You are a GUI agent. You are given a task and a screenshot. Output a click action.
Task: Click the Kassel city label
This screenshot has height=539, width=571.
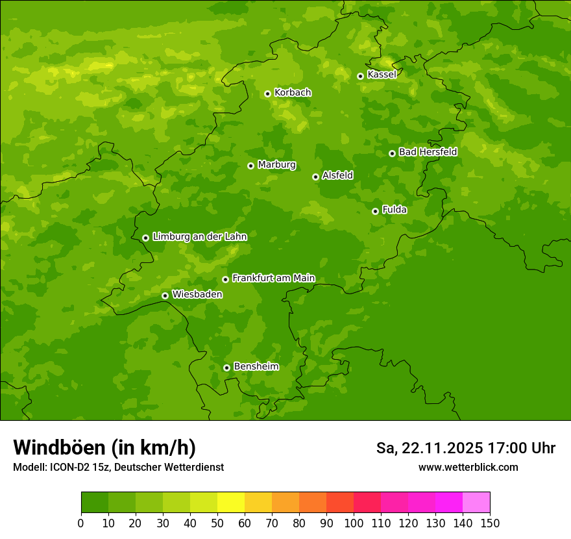[x=382, y=75]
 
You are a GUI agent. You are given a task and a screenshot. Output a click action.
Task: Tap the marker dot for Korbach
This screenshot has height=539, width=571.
[x=267, y=94]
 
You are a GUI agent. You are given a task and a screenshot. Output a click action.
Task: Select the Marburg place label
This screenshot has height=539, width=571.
[x=276, y=165]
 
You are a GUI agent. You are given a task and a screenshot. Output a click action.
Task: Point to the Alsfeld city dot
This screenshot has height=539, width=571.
[x=315, y=177]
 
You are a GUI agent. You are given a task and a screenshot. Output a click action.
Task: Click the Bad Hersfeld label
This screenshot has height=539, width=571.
[x=428, y=152]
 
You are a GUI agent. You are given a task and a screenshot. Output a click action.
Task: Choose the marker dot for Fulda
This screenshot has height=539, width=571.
[x=375, y=211]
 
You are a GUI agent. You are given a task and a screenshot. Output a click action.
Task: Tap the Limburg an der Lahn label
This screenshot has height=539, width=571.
[x=200, y=237]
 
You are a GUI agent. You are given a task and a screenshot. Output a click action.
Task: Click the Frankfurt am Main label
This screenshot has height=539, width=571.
[x=273, y=278]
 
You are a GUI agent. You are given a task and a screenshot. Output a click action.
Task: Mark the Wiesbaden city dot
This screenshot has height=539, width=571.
[x=165, y=295]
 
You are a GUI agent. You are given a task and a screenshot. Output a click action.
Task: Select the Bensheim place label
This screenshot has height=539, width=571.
[x=256, y=366]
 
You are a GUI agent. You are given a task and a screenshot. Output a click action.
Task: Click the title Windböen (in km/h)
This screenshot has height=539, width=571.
[x=104, y=447]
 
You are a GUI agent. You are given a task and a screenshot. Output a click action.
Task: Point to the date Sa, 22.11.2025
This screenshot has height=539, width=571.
[x=429, y=448]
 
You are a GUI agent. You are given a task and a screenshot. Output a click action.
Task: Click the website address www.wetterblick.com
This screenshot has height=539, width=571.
[x=468, y=468]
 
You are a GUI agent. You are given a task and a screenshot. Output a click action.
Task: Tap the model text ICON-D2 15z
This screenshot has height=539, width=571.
[x=80, y=468]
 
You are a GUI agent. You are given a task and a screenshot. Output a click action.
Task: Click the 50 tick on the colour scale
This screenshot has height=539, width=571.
[x=217, y=523]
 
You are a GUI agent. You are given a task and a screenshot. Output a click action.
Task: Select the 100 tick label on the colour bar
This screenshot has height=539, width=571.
[x=354, y=523]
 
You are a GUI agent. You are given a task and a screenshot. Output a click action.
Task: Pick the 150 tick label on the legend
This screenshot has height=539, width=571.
[x=490, y=523]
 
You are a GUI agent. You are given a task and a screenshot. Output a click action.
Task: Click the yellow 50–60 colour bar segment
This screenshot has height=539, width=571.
[x=231, y=503]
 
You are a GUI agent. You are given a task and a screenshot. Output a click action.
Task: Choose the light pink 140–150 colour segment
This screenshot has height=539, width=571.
[x=476, y=503]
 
